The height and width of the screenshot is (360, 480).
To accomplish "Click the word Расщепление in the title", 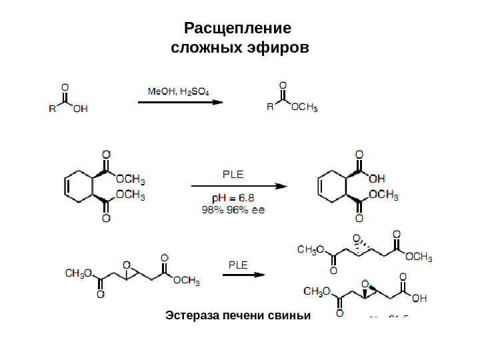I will [x=238, y=29].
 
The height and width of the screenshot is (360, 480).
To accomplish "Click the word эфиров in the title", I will [x=276, y=49].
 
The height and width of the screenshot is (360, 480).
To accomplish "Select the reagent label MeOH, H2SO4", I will [x=177, y=91].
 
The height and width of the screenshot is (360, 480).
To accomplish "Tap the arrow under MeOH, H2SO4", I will [x=180, y=103].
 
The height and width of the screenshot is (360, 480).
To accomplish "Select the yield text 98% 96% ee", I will [x=233, y=209].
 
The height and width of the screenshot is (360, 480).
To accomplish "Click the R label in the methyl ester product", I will [x=269, y=107].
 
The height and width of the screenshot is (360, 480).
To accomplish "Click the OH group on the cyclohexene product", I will [x=377, y=178].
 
